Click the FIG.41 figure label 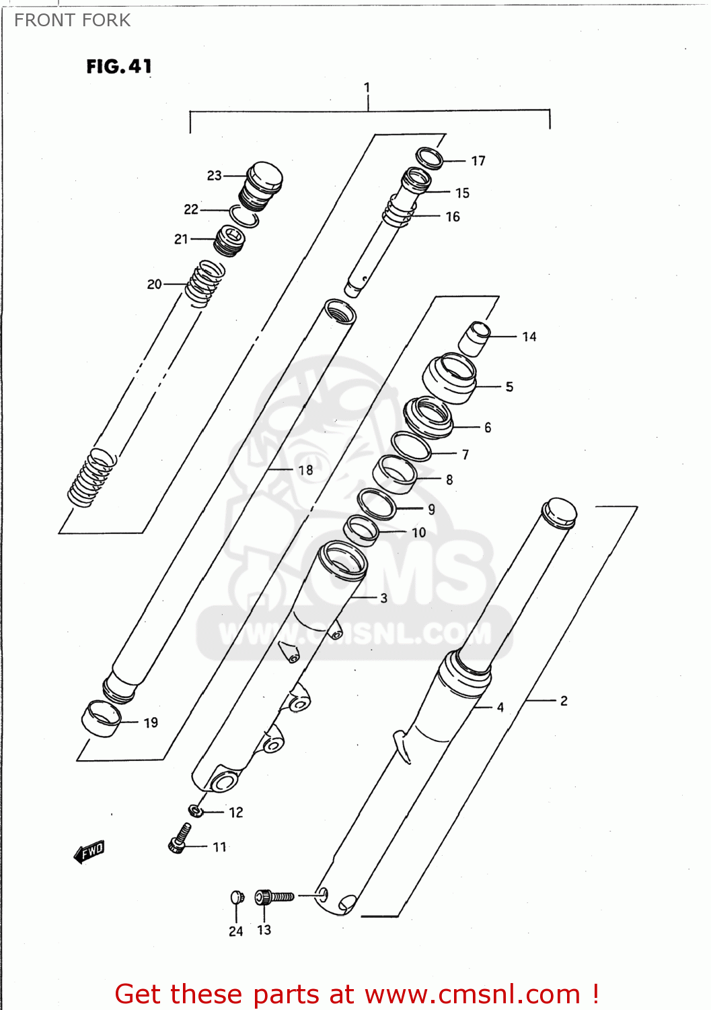(x=119, y=66)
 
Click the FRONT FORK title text (x=72, y=20)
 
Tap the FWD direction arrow (x=89, y=851)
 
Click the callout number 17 (x=478, y=161)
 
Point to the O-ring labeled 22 (x=244, y=216)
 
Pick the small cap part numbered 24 (x=237, y=897)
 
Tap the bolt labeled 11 (x=179, y=839)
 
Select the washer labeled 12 (x=195, y=810)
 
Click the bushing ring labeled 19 (x=102, y=718)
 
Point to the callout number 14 (x=529, y=337)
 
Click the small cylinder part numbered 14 (x=475, y=338)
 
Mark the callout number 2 (x=564, y=701)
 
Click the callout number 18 (x=305, y=470)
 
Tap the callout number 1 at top (x=367, y=88)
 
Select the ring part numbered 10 (x=362, y=530)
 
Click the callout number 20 (x=154, y=284)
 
